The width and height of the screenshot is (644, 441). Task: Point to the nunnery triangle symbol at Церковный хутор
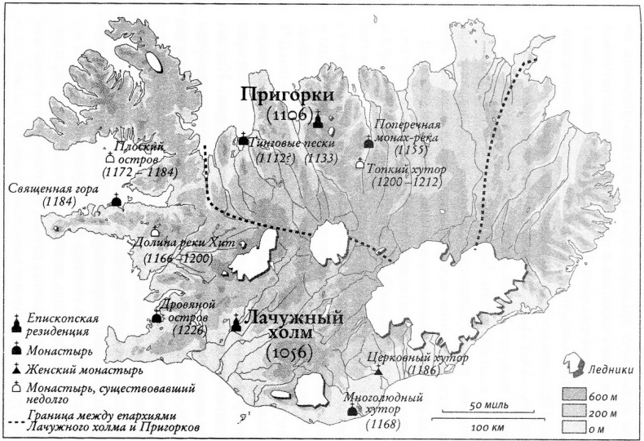(x=378, y=372)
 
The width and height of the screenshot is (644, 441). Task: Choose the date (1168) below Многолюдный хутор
(x=382, y=425)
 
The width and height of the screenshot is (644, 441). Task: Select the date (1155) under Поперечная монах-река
(x=408, y=151)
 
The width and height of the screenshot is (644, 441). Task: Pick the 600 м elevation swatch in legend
(x=574, y=395)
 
